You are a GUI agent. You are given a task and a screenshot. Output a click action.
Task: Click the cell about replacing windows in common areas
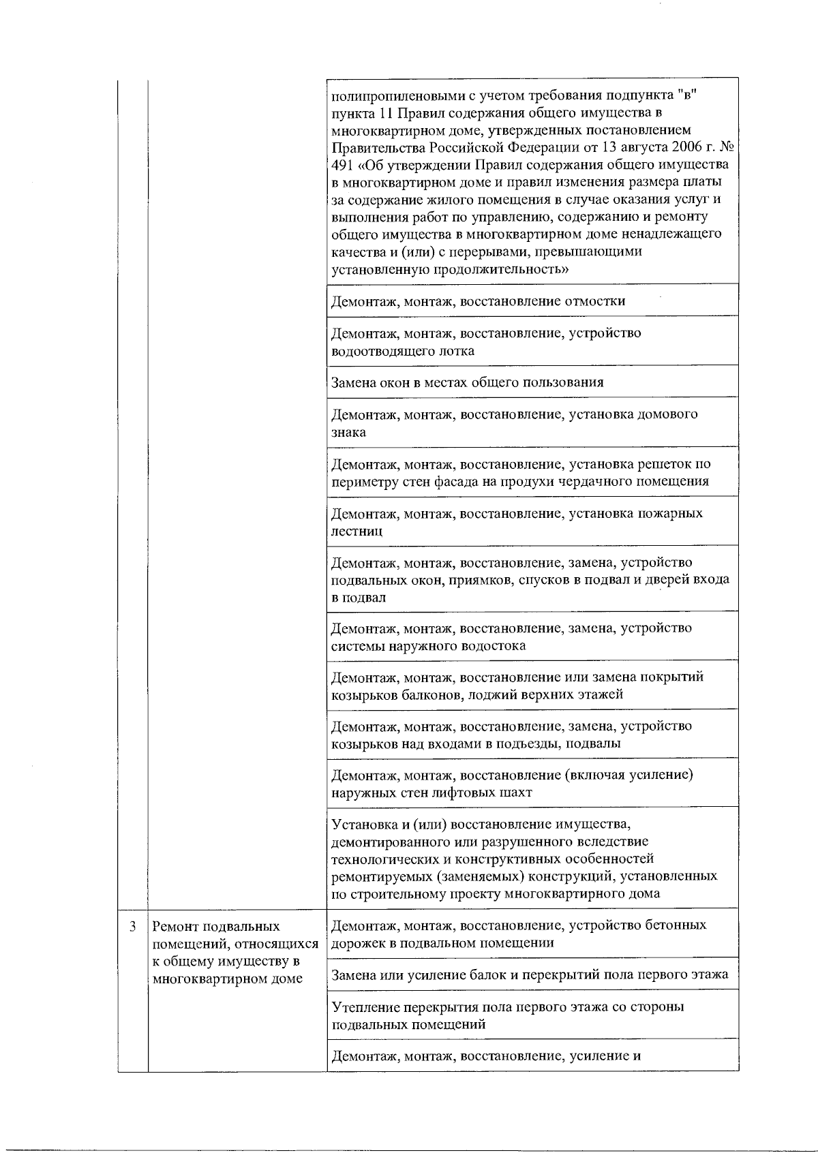pyautogui.click(x=468, y=382)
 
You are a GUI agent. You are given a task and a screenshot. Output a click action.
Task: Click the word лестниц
pyautogui.click(x=357, y=531)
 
